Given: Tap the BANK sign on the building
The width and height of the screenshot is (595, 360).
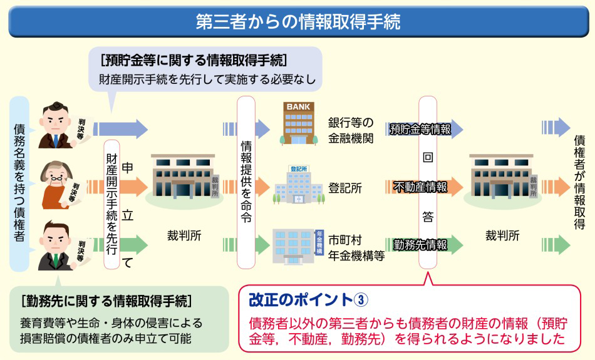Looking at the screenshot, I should point(298,107).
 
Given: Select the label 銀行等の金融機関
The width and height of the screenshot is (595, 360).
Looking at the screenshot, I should point(351,130).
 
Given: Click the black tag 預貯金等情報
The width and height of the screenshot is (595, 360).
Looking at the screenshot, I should point(420,130).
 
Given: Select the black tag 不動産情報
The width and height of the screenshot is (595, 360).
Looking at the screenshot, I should point(420,187).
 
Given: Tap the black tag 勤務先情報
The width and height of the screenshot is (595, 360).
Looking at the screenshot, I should point(420,244).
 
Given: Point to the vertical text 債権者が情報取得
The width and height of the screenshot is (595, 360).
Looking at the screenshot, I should point(579,182).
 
